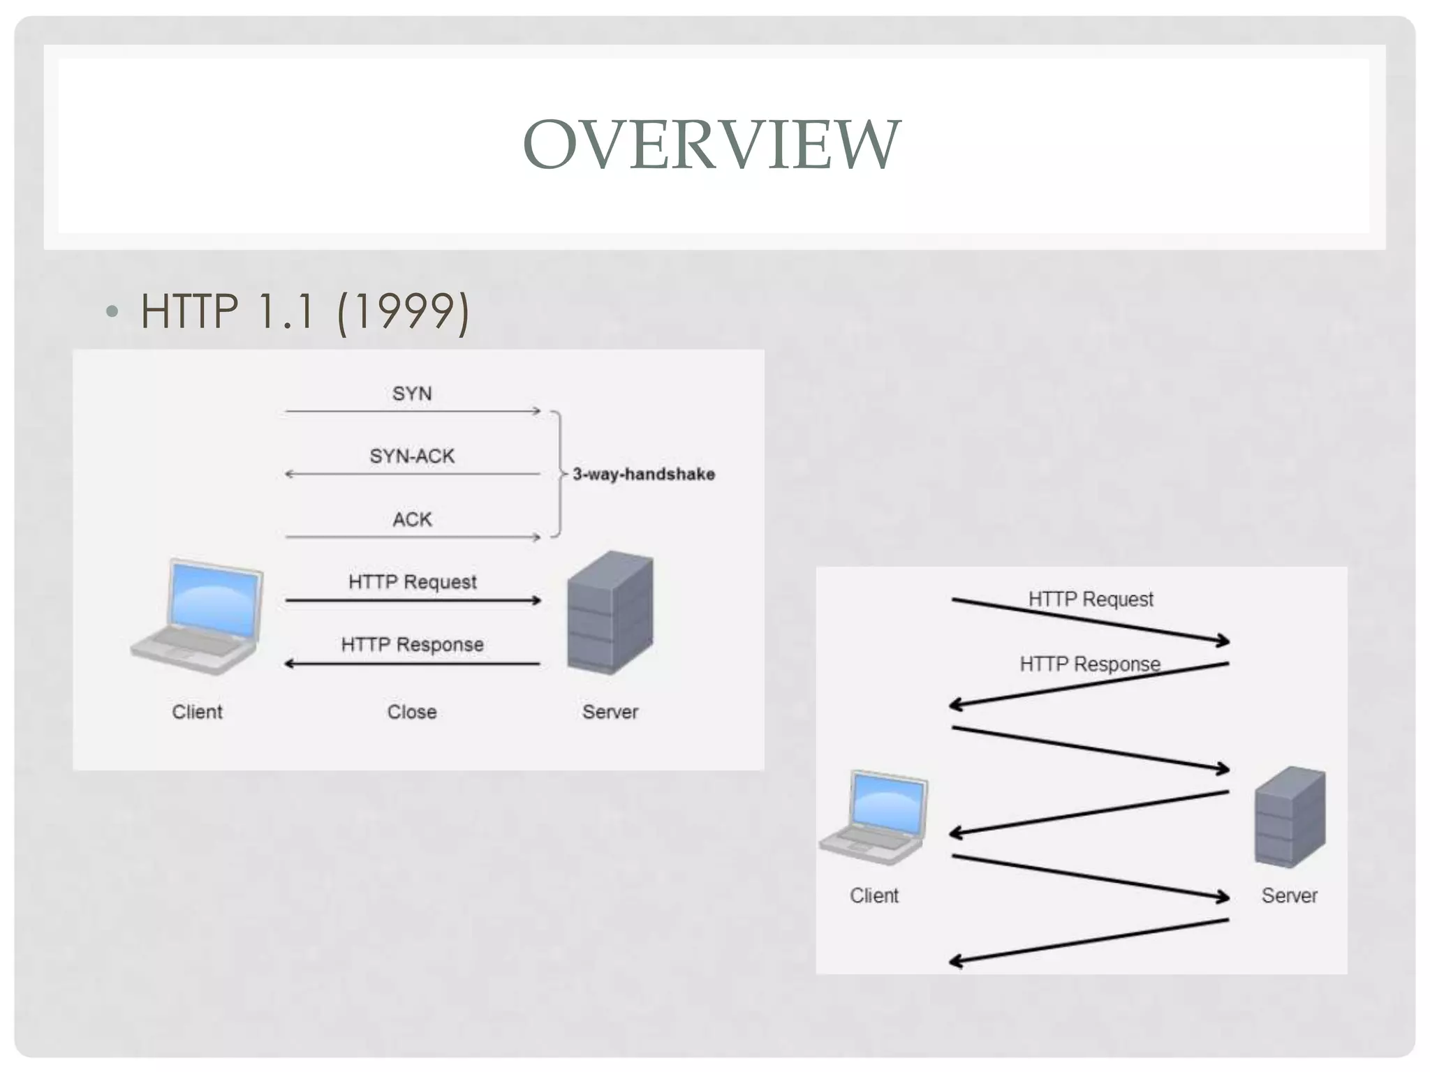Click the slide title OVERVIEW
click(x=712, y=144)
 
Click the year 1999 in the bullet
click(x=404, y=311)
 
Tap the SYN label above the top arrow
click(x=412, y=394)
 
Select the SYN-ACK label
click(x=412, y=456)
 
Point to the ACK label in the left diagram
click(x=412, y=519)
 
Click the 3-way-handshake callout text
click(x=644, y=475)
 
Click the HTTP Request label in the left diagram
click(x=412, y=582)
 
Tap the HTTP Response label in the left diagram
click(x=412, y=645)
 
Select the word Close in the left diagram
click(x=412, y=712)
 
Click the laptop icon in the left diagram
click(x=198, y=616)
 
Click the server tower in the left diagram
click(x=610, y=612)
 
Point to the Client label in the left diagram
click(x=198, y=712)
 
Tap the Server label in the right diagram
click(x=1289, y=895)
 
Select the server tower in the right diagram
click(x=1290, y=817)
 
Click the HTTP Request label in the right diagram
click(x=1091, y=599)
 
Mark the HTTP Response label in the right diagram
click(x=1089, y=664)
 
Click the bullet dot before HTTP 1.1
click(x=112, y=311)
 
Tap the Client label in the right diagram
click(x=874, y=895)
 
